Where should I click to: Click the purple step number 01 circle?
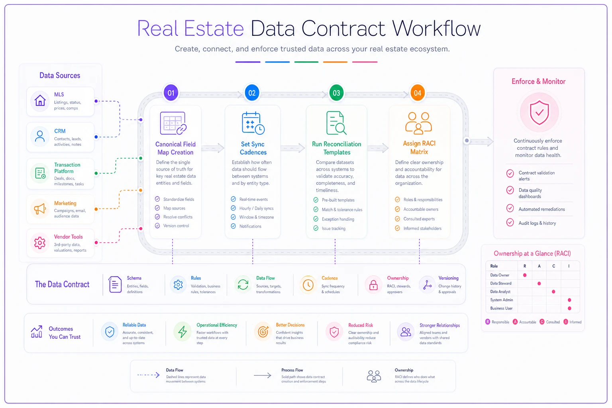click(171, 93)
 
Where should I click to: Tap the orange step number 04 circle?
click(417, 93)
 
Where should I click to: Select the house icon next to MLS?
click(40, 101)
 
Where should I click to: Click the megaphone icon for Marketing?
click(40, 209)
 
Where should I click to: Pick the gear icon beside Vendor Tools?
click(40, 243)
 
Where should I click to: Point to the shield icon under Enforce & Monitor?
click(539, 113)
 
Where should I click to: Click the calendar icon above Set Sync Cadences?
click(253, 123)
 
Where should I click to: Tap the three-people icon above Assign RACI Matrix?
click(418, 123)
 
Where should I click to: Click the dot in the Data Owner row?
click(525, 275)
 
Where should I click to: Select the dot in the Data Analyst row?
click(553, 292)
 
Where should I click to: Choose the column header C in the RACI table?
click(553, 266)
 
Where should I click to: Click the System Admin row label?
click(501, 300)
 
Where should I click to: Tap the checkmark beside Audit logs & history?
click(510, 222)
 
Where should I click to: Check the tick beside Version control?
click(157, 226)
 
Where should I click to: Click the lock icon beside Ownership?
click(373, 285)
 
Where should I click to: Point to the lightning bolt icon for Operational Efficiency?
click(182, 332)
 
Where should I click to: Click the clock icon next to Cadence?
click(308, 285)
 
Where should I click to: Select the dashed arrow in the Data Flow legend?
click(148, 375)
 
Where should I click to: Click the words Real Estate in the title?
click(190, 28)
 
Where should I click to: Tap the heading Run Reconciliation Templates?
click(337, 148)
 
